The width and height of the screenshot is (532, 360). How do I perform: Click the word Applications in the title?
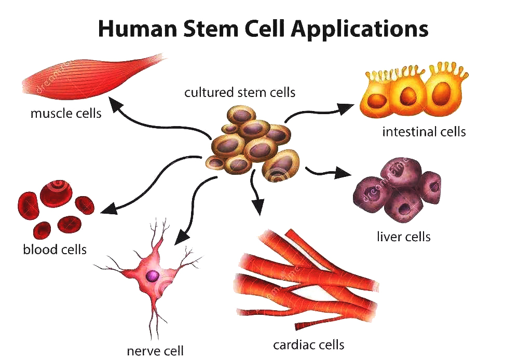[x=360, y=30]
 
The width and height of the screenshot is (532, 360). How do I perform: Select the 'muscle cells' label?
[x=66, y=113]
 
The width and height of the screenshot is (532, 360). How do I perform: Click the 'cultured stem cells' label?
[x=240, y=92]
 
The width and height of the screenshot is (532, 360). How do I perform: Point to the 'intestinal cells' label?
[x=424, y=132]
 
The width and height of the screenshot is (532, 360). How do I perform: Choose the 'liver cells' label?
[x=403, y=237]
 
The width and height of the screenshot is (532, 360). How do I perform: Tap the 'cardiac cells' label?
[x=309, y=344]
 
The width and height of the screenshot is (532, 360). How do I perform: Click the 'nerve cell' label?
[x=155, y=351]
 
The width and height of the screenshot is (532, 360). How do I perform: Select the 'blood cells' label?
[x=54, y=250]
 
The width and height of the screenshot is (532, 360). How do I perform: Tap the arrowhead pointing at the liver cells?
[x=342, y=173]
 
